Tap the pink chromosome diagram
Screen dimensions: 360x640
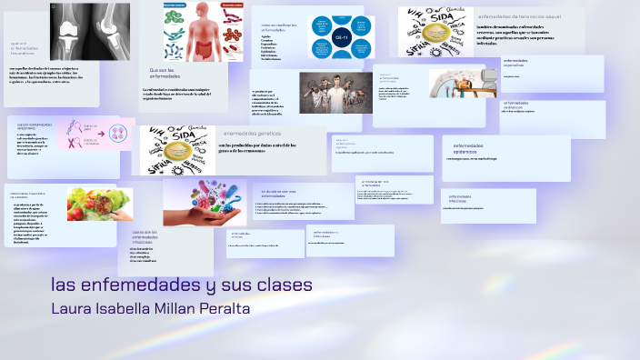point(99,134)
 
